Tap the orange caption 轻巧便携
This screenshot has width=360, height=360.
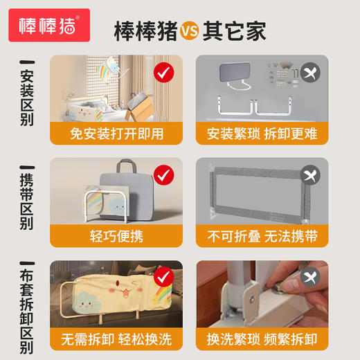pyautogui.click(x=116, y=236)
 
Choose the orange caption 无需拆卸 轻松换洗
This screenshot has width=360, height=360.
pyautogui.click(x=116, y=339)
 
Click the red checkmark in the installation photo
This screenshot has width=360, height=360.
pyautogui.click(x=163, y=72)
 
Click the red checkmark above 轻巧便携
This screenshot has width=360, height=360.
pyautogui.click(x=163, y=175)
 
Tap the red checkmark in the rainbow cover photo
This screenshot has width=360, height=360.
pyautogui.click(x=163, y=278)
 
